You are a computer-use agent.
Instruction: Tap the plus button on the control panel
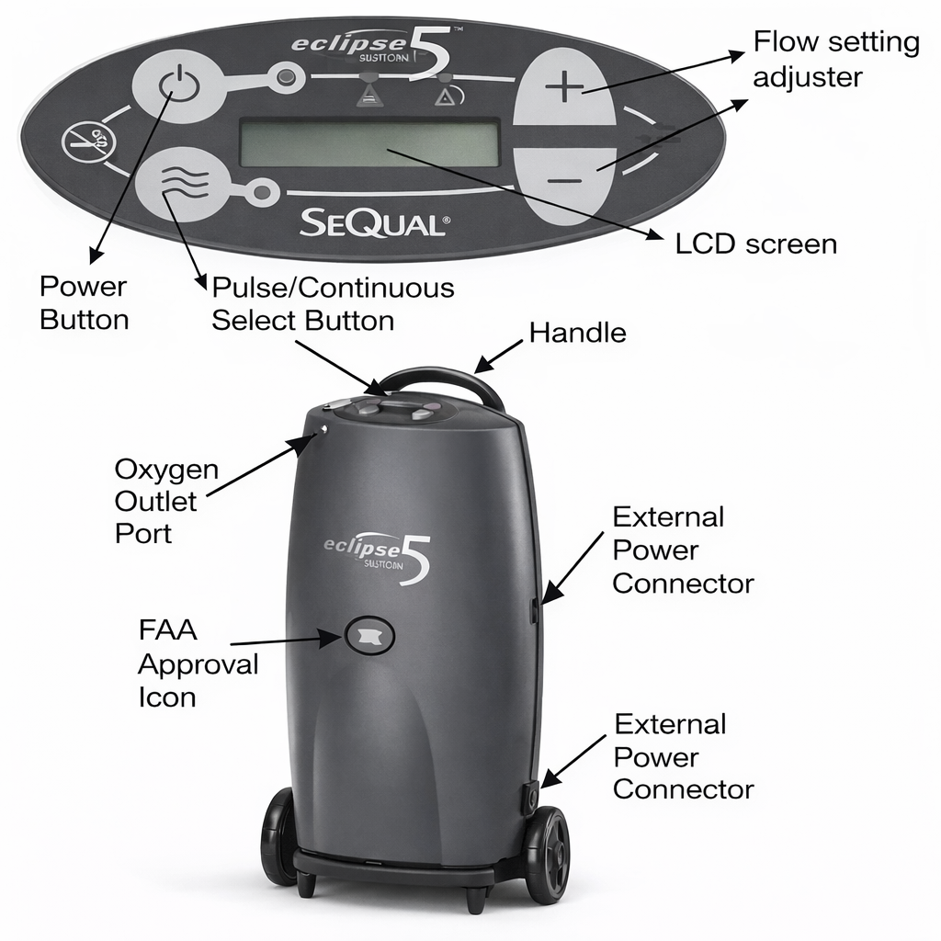click(563, 89)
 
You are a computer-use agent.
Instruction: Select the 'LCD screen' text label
click(755, 244)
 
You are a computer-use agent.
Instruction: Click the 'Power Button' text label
click(84, 302)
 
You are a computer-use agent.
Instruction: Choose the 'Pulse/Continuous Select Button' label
click(333, 303)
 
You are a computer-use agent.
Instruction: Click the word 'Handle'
click(577, 333)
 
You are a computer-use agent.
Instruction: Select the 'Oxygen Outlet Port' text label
click(166, 501)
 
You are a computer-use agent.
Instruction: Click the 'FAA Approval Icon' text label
click(197, 663)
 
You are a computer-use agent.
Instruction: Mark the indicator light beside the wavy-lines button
click(265, 193)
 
